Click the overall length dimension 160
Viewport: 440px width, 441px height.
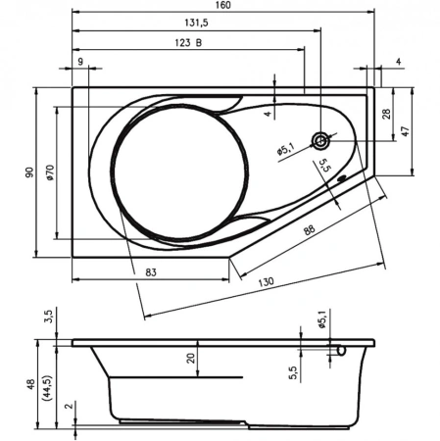pyautogui.click(x=223, y=7)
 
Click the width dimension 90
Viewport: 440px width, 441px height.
pyautogui.click(x=30, y=173)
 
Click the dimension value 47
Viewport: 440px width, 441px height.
pyautogui.click(x=404, y=130)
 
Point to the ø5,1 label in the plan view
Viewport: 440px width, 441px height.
pyautogui.click(x=287, y=151)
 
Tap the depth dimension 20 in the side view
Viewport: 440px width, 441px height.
pyautogui.click(x=193, y=359)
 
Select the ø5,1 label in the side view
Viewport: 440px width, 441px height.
pyautogui.click(x=320, y=319)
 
